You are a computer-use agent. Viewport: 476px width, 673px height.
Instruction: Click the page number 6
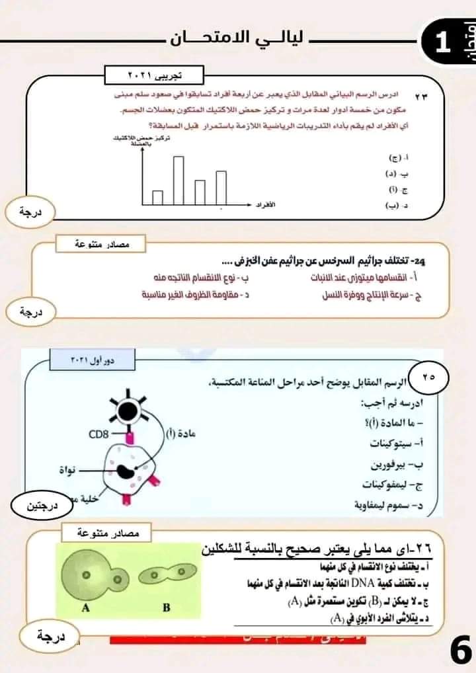click(459, 651)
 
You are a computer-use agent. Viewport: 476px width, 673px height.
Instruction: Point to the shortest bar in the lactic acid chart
click(157, 198)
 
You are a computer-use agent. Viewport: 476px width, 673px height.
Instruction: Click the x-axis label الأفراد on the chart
click(266, 206)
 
